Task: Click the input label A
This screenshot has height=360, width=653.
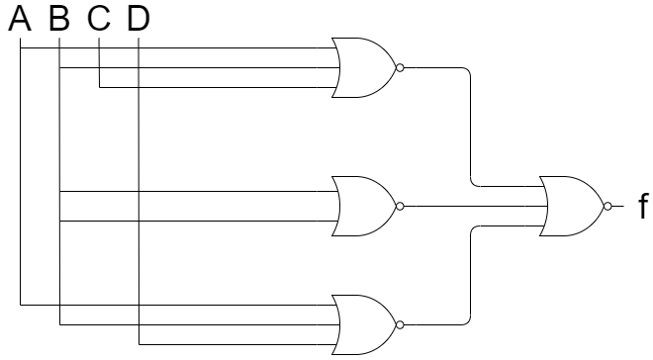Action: [x=20, y=19]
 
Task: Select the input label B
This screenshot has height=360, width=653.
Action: [x=59, y=19]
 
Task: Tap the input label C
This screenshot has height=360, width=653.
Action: [x=99, y=19]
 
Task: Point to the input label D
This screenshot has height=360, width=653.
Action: [x=139, y=19]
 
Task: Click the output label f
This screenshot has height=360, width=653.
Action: [x=643, y=206]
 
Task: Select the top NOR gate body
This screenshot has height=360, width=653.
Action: [x=363, y=67]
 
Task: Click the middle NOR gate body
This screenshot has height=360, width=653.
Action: [x=363, y=206]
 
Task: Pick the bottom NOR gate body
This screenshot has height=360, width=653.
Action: [x=363, y=325]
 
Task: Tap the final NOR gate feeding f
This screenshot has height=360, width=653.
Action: [x=572, y=206]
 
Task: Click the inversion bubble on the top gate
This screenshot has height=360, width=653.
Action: [x=400, y=67]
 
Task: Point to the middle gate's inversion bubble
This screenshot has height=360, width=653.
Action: [x=400, y=206]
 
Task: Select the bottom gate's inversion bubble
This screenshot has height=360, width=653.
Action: [x=400, y=325]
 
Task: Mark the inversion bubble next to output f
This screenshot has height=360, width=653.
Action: [x=608, y=206]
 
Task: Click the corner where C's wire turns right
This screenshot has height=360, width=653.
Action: [x=99, y=87]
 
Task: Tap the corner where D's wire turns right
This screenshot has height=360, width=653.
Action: [x=139, y=344]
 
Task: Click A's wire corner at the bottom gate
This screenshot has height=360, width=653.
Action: [x=20, y=305]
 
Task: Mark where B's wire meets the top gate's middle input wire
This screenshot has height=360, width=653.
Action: [x=59, y=67]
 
